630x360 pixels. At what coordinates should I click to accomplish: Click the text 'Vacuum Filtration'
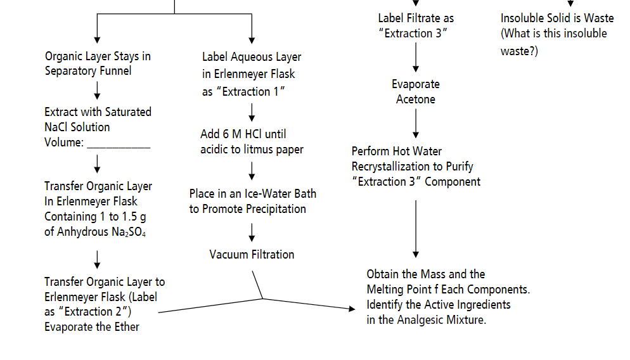[252, 254]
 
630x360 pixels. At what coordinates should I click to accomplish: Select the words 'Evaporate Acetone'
[415, 92]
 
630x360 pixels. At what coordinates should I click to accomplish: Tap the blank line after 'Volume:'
[119, 143]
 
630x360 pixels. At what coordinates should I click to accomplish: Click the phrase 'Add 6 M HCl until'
[243, 134]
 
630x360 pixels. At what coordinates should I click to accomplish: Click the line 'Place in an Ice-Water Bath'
[252, 193]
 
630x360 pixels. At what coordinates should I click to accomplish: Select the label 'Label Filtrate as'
[416, 18]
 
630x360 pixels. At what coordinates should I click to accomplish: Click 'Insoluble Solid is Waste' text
[557, 18]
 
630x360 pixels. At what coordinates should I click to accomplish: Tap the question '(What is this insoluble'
[553, 34]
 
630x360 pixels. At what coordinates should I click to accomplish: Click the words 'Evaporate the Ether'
[92, 327]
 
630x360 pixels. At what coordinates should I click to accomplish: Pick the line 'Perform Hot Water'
[397, 151]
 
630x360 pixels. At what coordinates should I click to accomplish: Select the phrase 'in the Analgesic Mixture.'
[426, 320]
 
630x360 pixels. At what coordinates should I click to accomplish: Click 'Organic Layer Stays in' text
[98, 56]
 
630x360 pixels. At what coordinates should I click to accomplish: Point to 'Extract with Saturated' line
[98, 112]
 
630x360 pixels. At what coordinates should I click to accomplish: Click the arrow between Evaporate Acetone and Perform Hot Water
[416, 124]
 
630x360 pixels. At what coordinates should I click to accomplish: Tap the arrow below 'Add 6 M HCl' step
[252, 170]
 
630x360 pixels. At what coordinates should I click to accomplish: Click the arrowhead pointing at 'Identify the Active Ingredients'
[352, 308]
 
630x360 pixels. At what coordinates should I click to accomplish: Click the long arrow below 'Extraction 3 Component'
[416, 228]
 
